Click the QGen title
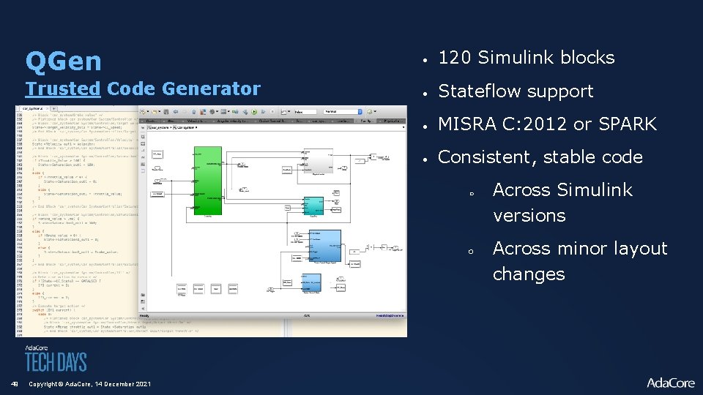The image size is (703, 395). pyautogui.click(x=63, y=61)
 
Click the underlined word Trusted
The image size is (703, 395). pyautogui.click(x=62, y=89)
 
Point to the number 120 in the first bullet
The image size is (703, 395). pyautogui.click(x=454, y=58)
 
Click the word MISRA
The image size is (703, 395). pyautogui.click(x=466, y=124)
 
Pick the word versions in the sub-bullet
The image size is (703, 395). pyautogui.click(x=529, y=216)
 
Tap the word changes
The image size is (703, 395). pyautogui.click(x=529, y=274)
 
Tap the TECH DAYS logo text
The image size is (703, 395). pyautogui.click(x=56, y=361)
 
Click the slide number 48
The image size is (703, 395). pyautogui.click(x=13, y=384)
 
